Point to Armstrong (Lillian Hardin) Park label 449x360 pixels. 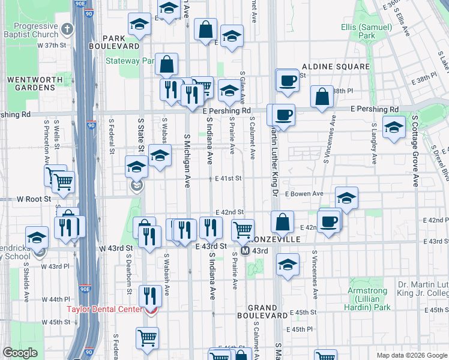tap(367, 299)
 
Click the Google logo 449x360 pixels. tap(20, 353)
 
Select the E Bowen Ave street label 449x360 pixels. tap(304, 194)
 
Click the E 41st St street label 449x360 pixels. tap(228, 178)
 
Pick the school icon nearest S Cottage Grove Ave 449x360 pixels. tap(394, 128)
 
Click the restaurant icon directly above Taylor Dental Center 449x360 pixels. tap(149, 295)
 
